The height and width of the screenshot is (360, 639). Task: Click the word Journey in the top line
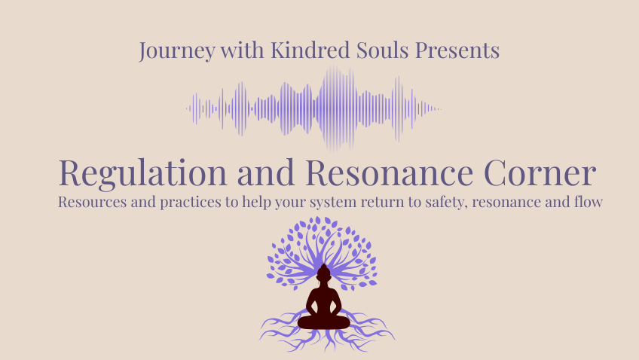coord(177,51)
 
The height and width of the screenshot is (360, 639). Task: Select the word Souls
coord(382,50)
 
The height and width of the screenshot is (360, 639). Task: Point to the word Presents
coord(457,50)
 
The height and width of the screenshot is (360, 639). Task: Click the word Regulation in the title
coord(142,173)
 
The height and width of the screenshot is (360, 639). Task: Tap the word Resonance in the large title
coord(389,172)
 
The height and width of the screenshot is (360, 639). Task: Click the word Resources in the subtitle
coord(92,202)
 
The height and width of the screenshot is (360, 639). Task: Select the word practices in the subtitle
coord(191,203)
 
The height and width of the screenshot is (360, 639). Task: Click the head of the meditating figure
coord(323,273)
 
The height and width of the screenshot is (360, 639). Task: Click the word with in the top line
coord(242,50)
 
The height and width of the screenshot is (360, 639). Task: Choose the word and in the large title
coord(266,172)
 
